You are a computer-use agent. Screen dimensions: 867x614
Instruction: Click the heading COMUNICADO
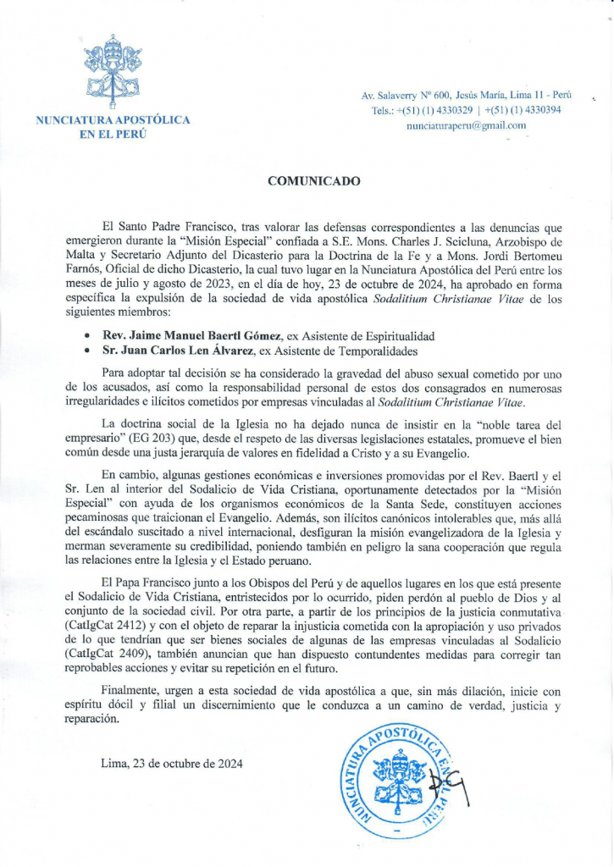click(x=314, y=181)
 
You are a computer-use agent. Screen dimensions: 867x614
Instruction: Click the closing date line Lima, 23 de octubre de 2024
click(x=171, y=763)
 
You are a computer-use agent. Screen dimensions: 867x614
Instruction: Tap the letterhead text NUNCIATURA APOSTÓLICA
click(x=113, y=121)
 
